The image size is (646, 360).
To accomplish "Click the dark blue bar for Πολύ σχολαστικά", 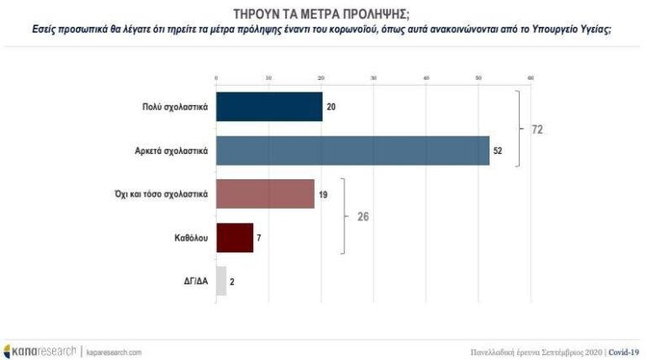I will click(x=269, y=107).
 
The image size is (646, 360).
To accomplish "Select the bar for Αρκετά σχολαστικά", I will click(x=353, y=151).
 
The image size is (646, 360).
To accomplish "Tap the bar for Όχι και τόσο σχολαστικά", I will click(x=266, y=194).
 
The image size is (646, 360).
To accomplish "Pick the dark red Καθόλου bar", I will click(x=235, y=238).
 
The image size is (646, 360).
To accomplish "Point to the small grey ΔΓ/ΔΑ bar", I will click(x=221, y=282).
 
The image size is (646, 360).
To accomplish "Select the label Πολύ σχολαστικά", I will click(x=173, y=107).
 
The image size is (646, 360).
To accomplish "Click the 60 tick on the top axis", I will click(x=531, y=78).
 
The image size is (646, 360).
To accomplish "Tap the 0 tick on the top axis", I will click(x=216, y=78).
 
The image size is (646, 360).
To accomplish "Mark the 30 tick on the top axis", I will click(x=373, y=78).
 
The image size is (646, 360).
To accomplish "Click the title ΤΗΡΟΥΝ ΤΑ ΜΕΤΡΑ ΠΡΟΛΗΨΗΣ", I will click(x=322, y=14).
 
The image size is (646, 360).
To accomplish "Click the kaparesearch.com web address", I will click(x=114, y=351).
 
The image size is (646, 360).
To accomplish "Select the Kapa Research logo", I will click(x=40, y=351).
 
